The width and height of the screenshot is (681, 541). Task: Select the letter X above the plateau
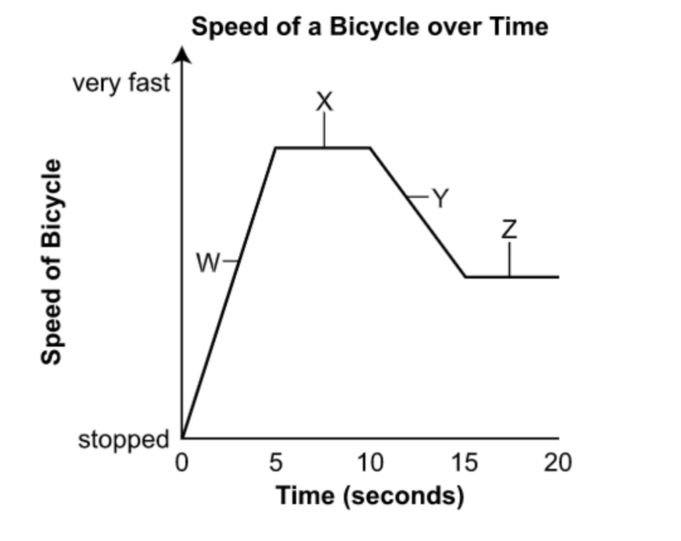pyautogui.click(x=324, y=102)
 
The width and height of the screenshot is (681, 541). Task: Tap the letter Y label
pyautogui.click(x=440, y=198)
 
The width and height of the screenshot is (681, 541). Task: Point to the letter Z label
pyautogui.click(x=509, y=231)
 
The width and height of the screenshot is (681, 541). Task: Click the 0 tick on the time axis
pyautogui.click(x=181, y=463)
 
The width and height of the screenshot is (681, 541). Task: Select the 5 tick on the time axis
pyautogui.click(x=276, y=463)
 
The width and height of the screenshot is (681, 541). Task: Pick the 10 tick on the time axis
pyautogui.click(x=370, y=463)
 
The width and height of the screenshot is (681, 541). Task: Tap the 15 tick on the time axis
pyautogui.click(x=465, y=463)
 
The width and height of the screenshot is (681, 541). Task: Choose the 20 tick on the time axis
pyautogui.click(x=558, y=463)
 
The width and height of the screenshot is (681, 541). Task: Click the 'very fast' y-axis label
pyautogui.click(x=121, y=84)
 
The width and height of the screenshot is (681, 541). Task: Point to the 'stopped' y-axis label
pyautogui.click(x=123, y=440)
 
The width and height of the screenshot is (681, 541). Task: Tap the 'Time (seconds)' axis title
pyautogui.click(x=370, y=496)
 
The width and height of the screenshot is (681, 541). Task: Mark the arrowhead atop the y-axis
pyautogui.click(x=182, y=55)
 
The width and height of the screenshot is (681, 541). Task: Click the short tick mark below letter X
pyautogui.click(x=324, y=130)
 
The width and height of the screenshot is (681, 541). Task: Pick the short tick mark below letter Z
pyautogui.click(x=509, y=260)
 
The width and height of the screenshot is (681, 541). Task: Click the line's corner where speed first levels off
pyautogui.click(x=276, y=147)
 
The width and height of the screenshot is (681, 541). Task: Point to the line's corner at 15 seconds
pyautogui.click(x=465, y=277)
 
